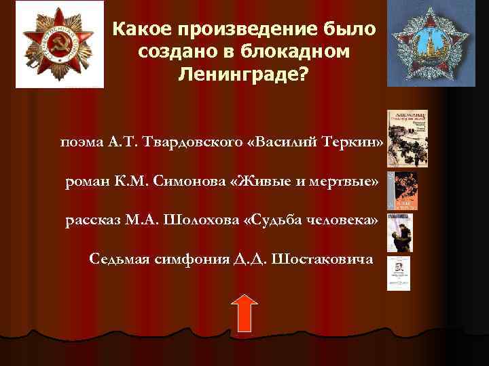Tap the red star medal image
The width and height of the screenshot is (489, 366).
pos(59,44)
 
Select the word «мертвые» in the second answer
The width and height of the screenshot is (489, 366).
pos(344,182)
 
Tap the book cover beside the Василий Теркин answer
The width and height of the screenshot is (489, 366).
pos(398,138)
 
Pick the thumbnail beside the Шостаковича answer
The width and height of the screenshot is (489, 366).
pos(399,273)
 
